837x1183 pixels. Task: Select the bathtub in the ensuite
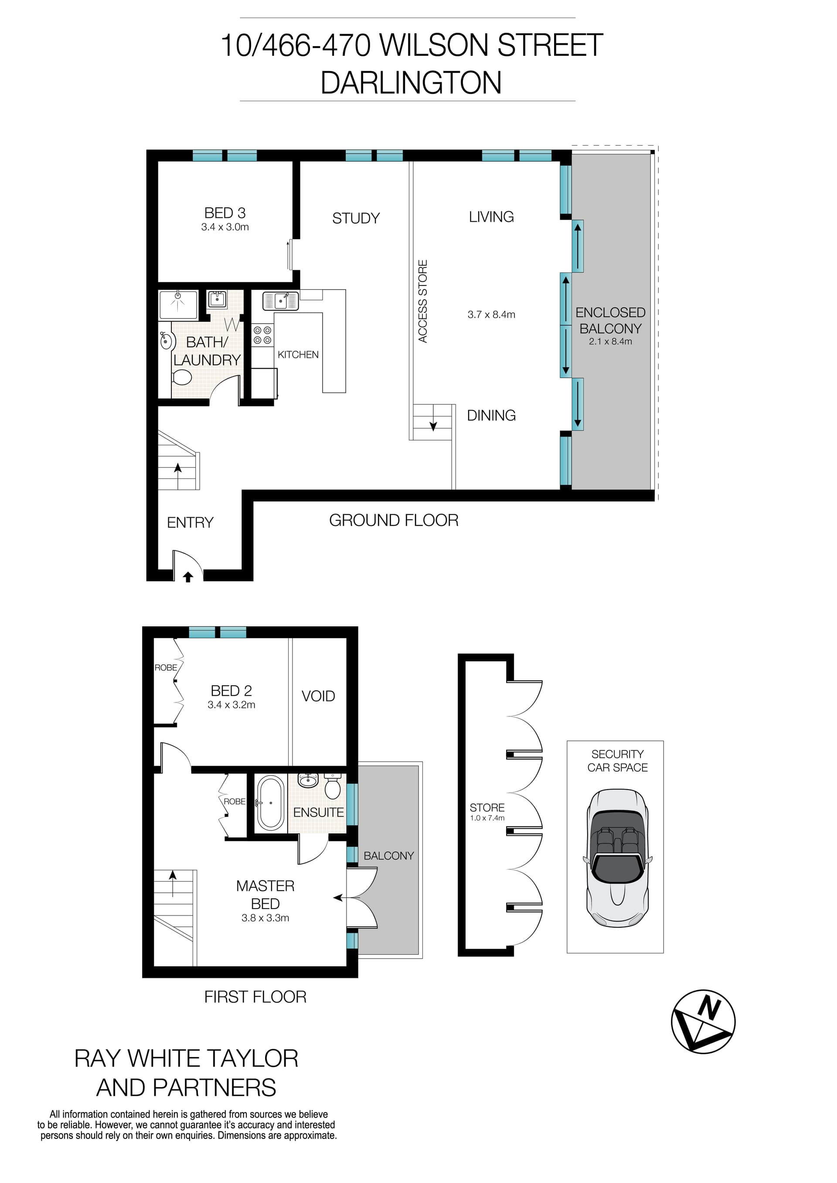(270, 803)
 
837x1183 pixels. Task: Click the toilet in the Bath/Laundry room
(181, 378)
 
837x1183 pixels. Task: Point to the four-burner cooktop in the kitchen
(262, 335)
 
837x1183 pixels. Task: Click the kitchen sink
(280, 300)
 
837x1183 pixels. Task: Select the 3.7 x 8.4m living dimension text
(491, 314)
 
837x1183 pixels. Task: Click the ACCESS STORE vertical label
(422, 302)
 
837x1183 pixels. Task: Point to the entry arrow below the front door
(188, 577)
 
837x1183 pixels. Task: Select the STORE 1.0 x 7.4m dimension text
(487, 818)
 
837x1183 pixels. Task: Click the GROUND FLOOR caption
(394, 520)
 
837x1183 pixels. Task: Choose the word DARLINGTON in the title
(411, 82)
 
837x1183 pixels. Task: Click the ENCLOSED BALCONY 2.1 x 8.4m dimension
(610, 341)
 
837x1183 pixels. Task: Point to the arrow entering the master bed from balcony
(337, 898)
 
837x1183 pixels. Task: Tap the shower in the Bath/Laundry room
(178, 304)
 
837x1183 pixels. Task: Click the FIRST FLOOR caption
(255, 997)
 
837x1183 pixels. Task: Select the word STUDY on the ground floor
(356, 218)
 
